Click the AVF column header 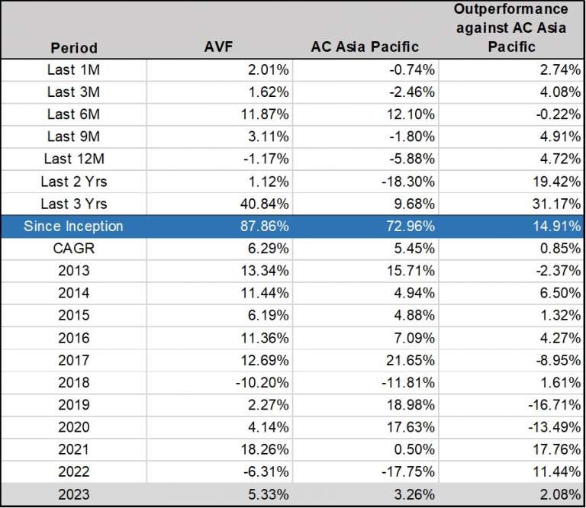[x=219, y=47]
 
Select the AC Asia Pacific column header [x=365, y=47]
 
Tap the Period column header [x=74, y=47]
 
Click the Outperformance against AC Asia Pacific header [x=511, y=27]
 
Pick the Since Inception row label [x=73, y=227]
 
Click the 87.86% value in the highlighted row [x=262, y=227]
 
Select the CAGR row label [x=73, y=249]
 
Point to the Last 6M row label [x=73, y=114]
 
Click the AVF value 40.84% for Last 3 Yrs [x=262, y=204]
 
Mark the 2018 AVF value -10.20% [x=260, y=383]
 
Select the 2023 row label [x=73, y=495]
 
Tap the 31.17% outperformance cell [x=557, y=204]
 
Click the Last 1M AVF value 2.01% [x=266, y=70]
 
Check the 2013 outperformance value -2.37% [x=557, y=271]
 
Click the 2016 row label [x=73, y=338]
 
